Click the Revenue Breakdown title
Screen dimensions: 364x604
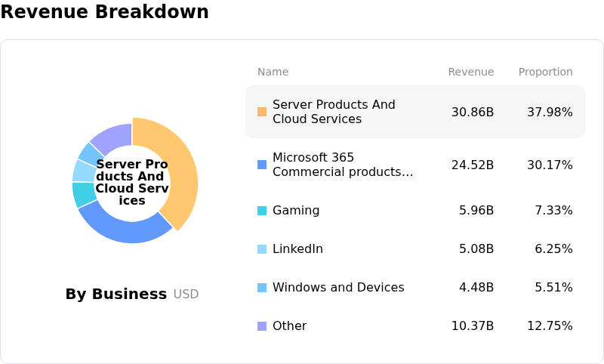pos(104,12)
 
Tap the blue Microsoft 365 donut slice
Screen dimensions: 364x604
pos(122,226)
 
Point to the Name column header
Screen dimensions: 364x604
pos(273,72)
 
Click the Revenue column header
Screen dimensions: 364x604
pos(470,72)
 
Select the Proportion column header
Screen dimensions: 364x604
pos(545,72)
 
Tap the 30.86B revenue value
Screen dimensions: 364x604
pos(473,113)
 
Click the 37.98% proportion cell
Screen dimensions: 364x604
pos(550,113)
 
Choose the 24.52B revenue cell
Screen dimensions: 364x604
pos(473,165)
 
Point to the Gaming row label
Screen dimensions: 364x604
pos(296,211)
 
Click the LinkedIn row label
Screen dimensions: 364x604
pos(297,249)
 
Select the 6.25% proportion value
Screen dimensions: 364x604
pos(553,249)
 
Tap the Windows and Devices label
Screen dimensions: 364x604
pos(338,288)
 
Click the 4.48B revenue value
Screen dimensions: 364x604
pos(476,288)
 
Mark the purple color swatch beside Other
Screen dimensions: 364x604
pos(262,326)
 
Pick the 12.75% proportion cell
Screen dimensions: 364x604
pos(550,326)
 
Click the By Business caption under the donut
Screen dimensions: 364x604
pos(116,295)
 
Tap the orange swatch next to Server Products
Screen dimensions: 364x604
pos(262,112)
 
